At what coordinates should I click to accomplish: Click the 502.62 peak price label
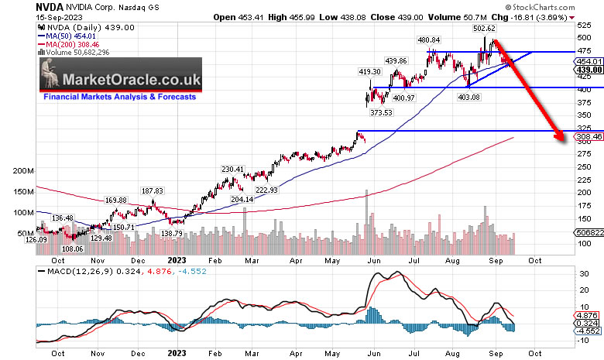(x=485, y=28)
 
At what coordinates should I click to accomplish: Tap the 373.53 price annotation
(x=382, y=113)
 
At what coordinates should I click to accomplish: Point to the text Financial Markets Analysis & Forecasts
(x=118, y=97)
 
